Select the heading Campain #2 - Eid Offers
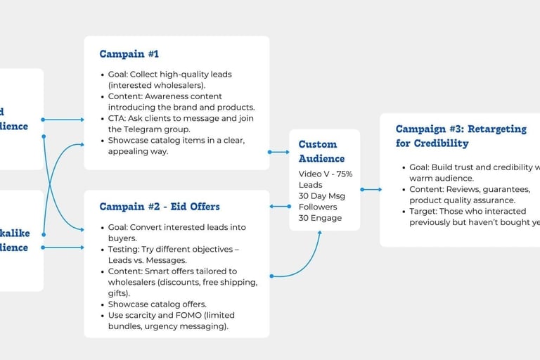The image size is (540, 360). coord(159,207)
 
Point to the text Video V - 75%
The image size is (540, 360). coord(326,174)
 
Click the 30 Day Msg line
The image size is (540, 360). coord(322,195)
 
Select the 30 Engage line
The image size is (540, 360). coord(320,218)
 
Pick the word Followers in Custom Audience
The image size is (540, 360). coord(318,207)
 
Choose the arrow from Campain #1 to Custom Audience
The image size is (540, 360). coord(279,152)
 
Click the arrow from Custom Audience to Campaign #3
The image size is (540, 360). coord(371,189)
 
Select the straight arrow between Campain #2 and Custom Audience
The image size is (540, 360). coord(279,206)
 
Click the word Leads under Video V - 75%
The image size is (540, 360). coord(311,185)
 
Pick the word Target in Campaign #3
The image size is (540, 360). coord(424,211)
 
